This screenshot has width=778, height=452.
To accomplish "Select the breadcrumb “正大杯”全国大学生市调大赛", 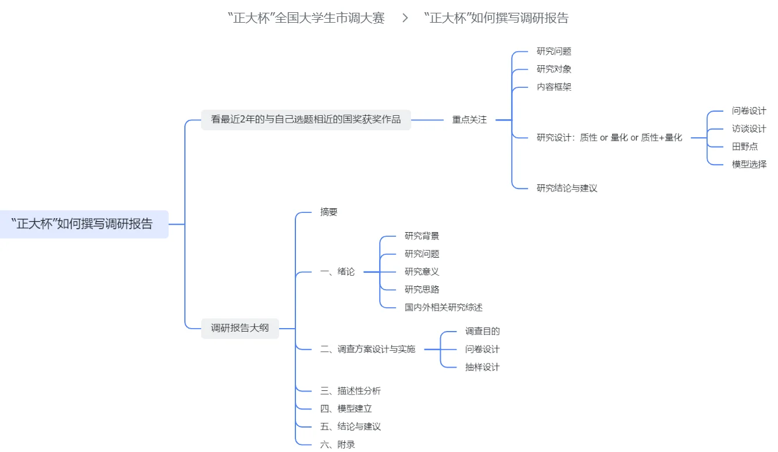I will pyautogui.click(x=306, y=18).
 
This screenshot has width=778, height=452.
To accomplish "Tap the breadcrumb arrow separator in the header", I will pyautogui.click(x=405, y=18).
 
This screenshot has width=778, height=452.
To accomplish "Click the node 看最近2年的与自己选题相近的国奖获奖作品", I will pyautogui.click(x=306, y=120).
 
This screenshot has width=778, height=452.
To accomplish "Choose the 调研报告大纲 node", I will pyautogui.click(x=240, y=328).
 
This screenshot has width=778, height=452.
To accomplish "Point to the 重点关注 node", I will pyautogui.click(x=469, y=120).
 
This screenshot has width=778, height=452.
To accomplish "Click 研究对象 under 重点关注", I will pyautogui.click(x=554, y=69).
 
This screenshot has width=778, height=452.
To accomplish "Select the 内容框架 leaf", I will pyautogui.click(x=554, y=87).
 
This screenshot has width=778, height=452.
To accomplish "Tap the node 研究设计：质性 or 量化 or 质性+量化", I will pyautogui.click(x=609, y=138).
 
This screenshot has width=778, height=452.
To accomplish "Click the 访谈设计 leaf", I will pyautogui.click(x=748, y=129).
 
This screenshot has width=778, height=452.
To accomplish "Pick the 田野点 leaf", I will pyautogui.click(x=744, y=147).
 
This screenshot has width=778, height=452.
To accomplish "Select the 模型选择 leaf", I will pyautogui.click(x=748, y=165).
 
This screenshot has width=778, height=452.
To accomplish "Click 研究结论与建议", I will pyautogui.click(x=566, y=188).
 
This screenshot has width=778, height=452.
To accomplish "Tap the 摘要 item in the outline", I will pyautogui.click(x=329, y=212).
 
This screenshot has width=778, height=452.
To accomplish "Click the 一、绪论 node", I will pyautogui.click(x=337, y=272).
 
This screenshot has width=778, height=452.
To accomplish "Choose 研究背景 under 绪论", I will pyautogui.click(x=422, y=236).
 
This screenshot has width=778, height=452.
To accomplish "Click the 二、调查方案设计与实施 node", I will pyautogui.click(x=367, y=350).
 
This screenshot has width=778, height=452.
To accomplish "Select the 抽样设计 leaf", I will pyautogui.click(x=482, y=368).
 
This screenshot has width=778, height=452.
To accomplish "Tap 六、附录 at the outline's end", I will pyautogui.click(x=337, y=445).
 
